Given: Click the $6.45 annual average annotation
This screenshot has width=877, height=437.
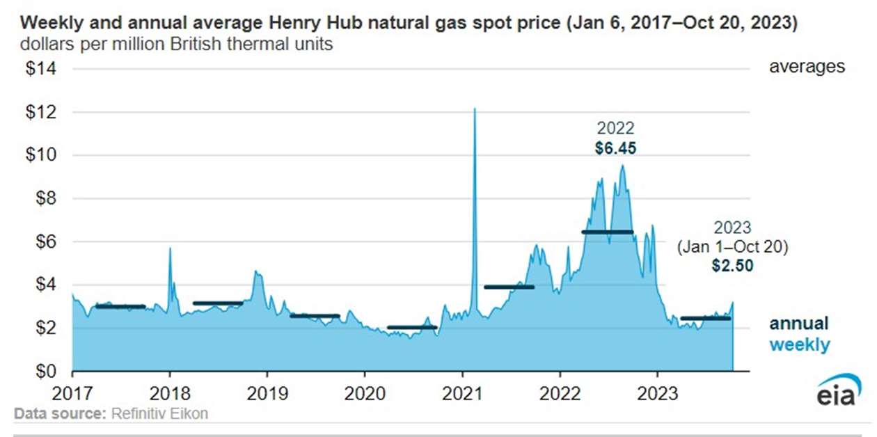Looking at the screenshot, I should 615,148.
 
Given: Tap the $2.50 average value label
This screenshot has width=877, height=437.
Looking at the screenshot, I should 732,265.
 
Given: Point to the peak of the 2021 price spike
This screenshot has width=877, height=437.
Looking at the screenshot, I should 475,109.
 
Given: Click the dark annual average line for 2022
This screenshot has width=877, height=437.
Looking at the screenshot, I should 607,232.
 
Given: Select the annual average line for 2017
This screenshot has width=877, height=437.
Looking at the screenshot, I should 120,306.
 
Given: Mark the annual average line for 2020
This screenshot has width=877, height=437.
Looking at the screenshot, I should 412,327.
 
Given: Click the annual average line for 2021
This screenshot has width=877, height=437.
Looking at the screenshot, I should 509,287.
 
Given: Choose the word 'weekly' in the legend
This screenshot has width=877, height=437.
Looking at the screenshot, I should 799,344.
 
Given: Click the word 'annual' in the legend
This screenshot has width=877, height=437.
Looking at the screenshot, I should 799,324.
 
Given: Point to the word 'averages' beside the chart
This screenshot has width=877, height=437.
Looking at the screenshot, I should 807,67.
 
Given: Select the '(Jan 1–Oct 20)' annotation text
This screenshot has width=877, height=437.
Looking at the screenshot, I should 732,246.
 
